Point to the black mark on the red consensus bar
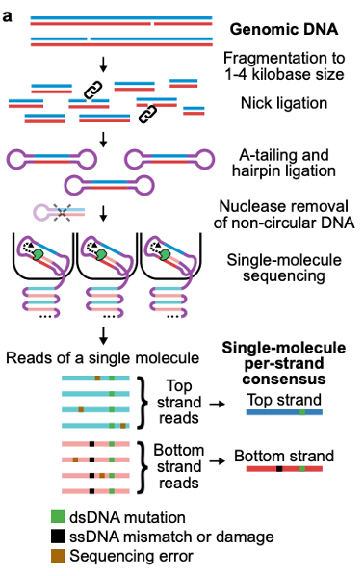click(279, 469)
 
